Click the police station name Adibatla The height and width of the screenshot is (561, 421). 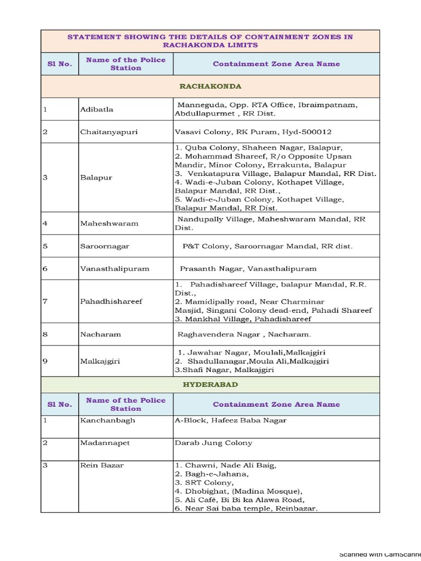tap(96, 110)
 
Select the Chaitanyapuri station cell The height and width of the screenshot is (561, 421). tap(109, 132)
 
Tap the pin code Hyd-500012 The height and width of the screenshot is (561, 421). tap(307, 132)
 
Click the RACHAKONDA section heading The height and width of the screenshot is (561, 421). tap(210, 87)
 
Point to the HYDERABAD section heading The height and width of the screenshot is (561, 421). tap(210, 385)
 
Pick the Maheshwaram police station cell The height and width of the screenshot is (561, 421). tap(109, 224)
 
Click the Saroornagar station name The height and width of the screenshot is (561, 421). tap(105, 246)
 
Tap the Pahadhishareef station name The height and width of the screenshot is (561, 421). tap(111, 301)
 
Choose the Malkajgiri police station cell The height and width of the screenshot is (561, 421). tap(100, 362)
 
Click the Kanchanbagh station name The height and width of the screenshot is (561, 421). tap(107, 420)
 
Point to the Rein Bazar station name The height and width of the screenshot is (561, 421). tap(102, 465)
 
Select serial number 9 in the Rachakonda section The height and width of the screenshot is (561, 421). tap(45, 362)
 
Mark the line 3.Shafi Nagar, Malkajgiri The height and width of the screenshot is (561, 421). tap(224, 370)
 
